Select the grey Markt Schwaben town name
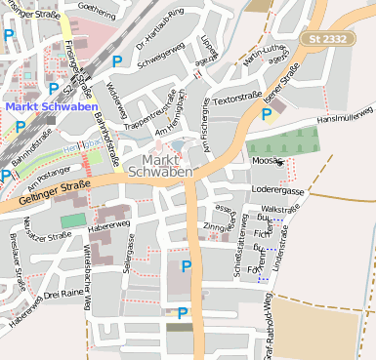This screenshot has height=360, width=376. point(160,166)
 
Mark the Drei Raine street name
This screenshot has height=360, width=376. point(65,293)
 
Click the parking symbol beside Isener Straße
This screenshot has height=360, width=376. point(267,115)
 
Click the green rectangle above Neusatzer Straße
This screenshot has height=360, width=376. point(73,220)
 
